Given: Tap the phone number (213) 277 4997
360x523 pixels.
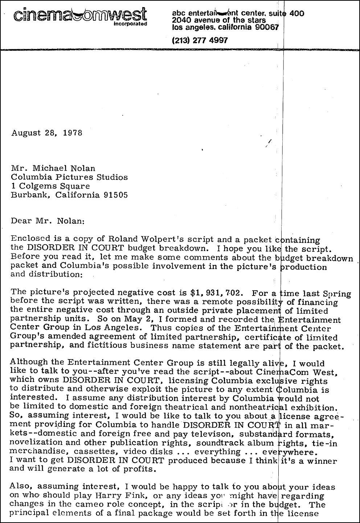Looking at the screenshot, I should coord(200,41).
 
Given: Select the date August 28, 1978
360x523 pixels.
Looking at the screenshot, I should coord(47,133).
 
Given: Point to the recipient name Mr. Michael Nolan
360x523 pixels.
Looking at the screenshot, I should coord(53,168).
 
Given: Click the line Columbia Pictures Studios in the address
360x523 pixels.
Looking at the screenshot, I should coord(69,177).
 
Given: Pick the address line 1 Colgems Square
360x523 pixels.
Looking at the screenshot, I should coord(50,186).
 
